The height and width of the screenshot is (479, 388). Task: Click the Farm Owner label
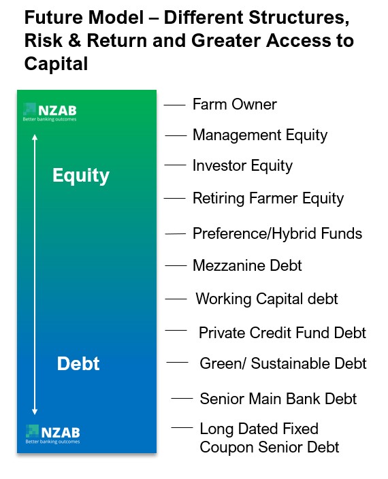point(234,105)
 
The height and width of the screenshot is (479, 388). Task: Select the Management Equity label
point(259,135)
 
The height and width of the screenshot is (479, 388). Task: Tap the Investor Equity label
point(242,166)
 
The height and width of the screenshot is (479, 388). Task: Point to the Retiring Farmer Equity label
point(268,199)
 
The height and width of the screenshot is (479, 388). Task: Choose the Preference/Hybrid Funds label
point(277,234)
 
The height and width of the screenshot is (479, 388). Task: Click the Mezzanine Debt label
point(247,265)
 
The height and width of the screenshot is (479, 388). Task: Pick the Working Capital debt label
point(267,299)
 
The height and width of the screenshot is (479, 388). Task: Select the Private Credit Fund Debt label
point(282,333)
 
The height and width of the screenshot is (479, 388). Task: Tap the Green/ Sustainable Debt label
point(282,364)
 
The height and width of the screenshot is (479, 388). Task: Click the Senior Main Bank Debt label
point(278,399)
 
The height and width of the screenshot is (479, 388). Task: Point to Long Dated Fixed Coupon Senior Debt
point(269,438)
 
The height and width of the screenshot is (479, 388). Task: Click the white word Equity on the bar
point(81,176)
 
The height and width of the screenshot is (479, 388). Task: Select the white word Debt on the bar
point(78,363)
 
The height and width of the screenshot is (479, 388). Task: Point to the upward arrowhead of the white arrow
point(35,137)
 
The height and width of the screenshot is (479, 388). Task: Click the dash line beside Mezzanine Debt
point(176,265)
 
